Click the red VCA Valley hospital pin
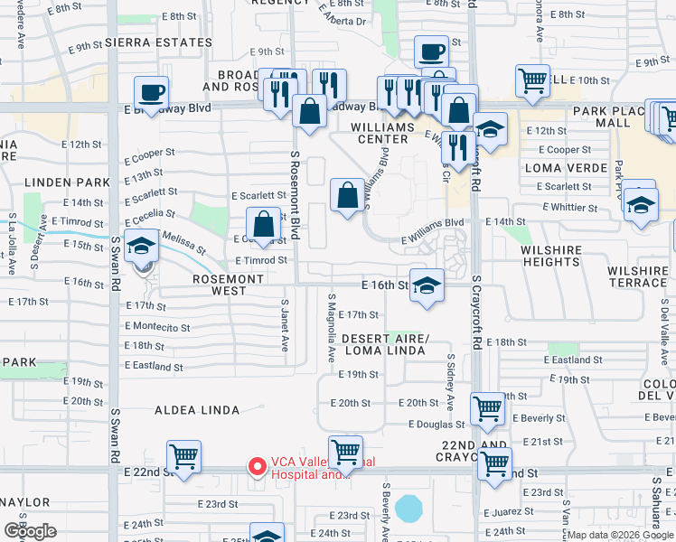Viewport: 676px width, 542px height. point(258,467)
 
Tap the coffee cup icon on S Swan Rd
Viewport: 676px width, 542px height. point(151,91)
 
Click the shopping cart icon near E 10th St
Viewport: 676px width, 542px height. point(533,80)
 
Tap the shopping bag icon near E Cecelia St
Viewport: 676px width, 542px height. point(262,225)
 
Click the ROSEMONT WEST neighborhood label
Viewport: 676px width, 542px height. point(229,285)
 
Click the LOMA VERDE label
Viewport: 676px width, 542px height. point(566,168)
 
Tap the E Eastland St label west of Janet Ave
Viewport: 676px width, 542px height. point(155,368)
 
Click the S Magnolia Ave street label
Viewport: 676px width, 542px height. point(332,322)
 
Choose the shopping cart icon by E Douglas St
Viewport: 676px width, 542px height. point(487,407)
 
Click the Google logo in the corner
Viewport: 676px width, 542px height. point(30,531)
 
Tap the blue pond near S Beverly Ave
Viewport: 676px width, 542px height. point(409,508)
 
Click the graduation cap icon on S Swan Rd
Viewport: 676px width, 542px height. point(140,245)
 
